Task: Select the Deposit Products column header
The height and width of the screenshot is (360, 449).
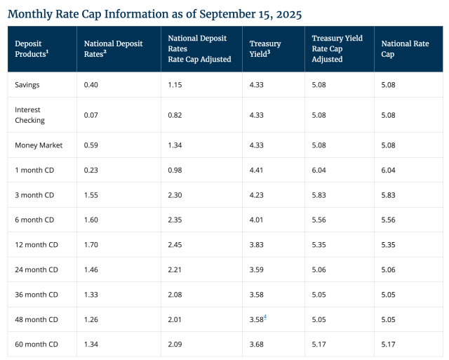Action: coord(34,48)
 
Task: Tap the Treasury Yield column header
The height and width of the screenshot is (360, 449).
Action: coord(265,48)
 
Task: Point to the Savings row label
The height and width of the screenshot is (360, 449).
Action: coord(27,85)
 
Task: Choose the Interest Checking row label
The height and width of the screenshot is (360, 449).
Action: coord(29,115)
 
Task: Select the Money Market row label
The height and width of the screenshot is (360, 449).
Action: coord(39,145)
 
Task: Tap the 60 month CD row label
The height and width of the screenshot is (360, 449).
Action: coord(35,343)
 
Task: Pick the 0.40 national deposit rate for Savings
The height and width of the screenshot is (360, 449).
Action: coord(91,85)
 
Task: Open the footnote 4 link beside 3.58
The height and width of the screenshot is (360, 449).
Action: coord(265,317)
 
